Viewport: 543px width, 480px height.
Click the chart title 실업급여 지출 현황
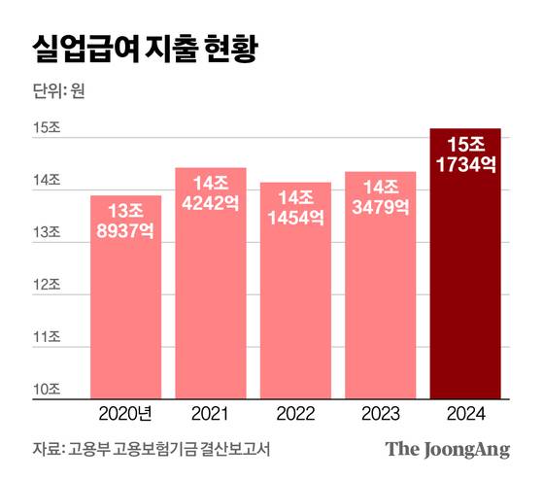[x=145, y=50]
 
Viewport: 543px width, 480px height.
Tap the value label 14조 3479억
[x=381, y=197]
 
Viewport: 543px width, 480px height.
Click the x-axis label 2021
[x=211, y=415]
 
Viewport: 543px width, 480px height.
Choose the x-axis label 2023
[x=381, y=415]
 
